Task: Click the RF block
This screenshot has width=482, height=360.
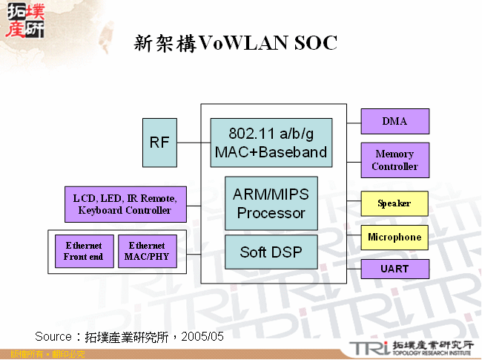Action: point(159,143)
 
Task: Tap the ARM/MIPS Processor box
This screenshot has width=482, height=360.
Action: point(271,203)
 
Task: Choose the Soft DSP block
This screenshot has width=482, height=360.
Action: point(271,252)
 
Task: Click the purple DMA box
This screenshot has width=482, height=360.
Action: point(394,121)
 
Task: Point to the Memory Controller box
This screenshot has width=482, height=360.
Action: point(394,160)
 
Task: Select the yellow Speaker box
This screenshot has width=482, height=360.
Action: point(394,203)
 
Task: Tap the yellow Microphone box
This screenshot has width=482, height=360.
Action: point(394,238)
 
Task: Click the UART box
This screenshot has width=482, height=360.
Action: point(394,269)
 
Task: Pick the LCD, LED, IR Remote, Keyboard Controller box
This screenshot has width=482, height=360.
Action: point(125,204)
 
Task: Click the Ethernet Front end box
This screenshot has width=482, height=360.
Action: point(84,252)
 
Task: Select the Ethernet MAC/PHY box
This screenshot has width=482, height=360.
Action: point(148,252)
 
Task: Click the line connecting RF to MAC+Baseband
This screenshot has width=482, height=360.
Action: point(194,143)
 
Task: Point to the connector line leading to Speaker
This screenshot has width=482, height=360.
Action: point(354,203)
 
